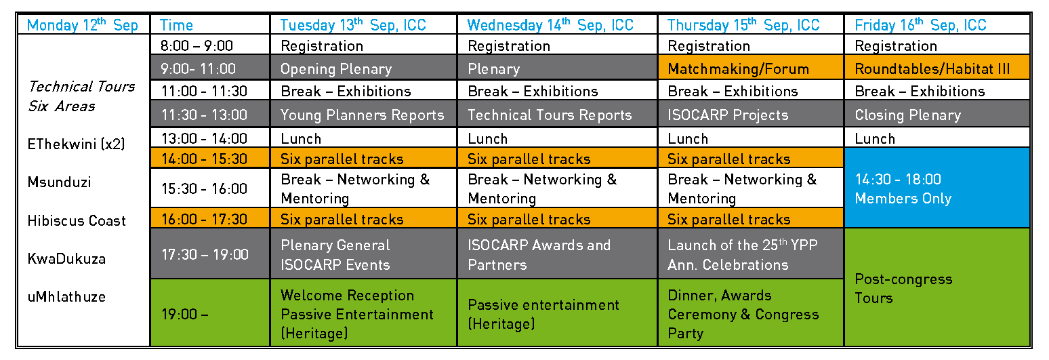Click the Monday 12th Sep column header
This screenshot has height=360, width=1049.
point(83,24)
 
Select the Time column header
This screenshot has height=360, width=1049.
point(210,24)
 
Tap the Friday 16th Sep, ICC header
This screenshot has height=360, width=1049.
point(937,24)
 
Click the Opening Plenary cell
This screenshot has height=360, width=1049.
point(363,68)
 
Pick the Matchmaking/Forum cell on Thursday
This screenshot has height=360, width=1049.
point(750,68)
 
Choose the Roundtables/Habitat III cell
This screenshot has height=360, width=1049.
point(937,68)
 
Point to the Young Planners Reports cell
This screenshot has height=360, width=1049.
point(363,115)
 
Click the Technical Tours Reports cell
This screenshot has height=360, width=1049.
point(557,115)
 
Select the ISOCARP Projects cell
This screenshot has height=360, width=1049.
point(750,115)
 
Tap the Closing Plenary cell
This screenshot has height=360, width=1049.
point(937,115)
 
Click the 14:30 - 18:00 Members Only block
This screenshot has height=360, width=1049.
point(937,188)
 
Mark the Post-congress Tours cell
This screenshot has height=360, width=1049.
point(937,287)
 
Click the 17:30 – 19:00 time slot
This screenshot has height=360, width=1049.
point(210,254)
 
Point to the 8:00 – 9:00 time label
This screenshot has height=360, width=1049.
point(197,45)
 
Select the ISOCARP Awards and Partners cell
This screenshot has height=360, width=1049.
point(557,254)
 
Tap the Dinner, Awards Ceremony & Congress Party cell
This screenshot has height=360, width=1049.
point(750,313)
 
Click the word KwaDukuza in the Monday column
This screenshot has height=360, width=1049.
point(66,258)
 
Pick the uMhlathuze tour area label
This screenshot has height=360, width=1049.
point(66,296)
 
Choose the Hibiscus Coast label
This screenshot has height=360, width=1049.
point(77,220)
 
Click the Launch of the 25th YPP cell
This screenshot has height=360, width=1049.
point(750,254)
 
